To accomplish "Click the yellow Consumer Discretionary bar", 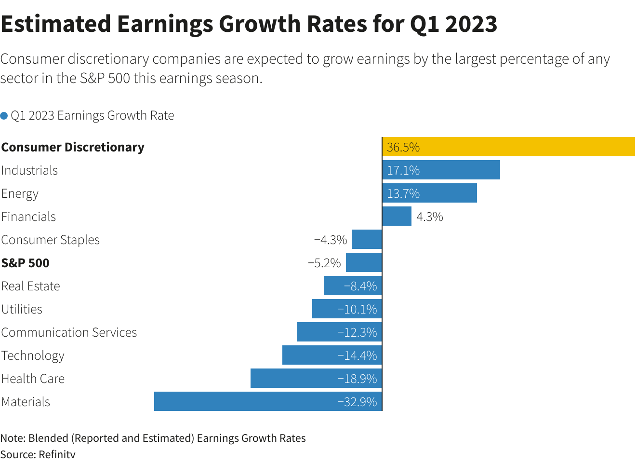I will coord(508,147).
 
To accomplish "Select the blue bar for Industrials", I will coord(441,170).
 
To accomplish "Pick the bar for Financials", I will coord(397,217).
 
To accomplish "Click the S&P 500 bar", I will coord(364,263).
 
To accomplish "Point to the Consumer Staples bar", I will coord(367,240).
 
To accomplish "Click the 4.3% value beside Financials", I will coord(430,217).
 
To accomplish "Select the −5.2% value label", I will coord(324,263).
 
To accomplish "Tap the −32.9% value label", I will coord(358,402).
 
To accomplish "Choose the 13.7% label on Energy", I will coord(403,194).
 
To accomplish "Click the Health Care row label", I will coord(33,379).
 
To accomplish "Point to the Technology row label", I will coord(33,356).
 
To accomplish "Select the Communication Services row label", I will coord(69,333).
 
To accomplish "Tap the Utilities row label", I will coord(22,310).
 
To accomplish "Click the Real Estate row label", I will coord(31,287).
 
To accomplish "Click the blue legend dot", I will coord(4,116).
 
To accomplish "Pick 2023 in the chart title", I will coord(471,24).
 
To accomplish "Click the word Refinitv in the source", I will coord(57,454).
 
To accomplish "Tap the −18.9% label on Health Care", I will coord(358,379).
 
